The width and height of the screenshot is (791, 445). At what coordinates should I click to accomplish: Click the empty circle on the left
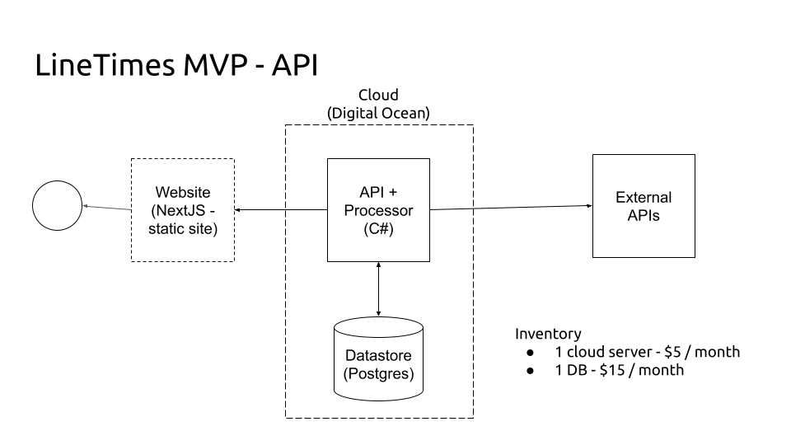tap(58, 205)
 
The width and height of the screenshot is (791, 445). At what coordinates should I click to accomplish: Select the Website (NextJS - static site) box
tap(182, 210)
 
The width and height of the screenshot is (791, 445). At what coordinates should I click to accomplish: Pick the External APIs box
tap(644, 206)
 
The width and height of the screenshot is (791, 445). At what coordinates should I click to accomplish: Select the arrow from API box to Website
tap(280, 210)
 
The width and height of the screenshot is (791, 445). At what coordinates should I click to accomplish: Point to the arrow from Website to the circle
tap(106, 208)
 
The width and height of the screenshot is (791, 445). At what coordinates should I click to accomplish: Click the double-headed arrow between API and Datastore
tap(378, 288)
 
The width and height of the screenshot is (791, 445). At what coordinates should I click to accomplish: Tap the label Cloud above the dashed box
tap(378, 96)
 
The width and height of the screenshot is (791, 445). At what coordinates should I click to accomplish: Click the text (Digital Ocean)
tap(378, 114)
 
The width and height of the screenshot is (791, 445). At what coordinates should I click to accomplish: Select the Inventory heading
tap(548, 334)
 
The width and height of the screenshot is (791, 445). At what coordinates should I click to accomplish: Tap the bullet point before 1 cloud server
tap(531, 353)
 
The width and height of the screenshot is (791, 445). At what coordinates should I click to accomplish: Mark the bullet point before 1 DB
tap(531, 371)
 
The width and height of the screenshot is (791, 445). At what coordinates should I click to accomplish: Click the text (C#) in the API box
tap(378, 229)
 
